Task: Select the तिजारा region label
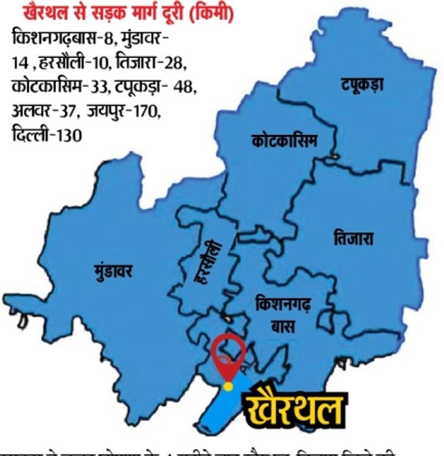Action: pyautogui.click(x=353, y=238)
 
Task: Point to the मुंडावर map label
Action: pyautogui.click(x=114, y=269)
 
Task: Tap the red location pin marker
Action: pyautogui.click(x=228, y=353)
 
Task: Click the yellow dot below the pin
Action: pyautogui.click(x=227, y=386)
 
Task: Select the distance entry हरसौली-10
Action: pyautogui.click(x=80, y=63)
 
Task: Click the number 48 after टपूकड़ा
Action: pyautogui.click(x=184, y=87)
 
